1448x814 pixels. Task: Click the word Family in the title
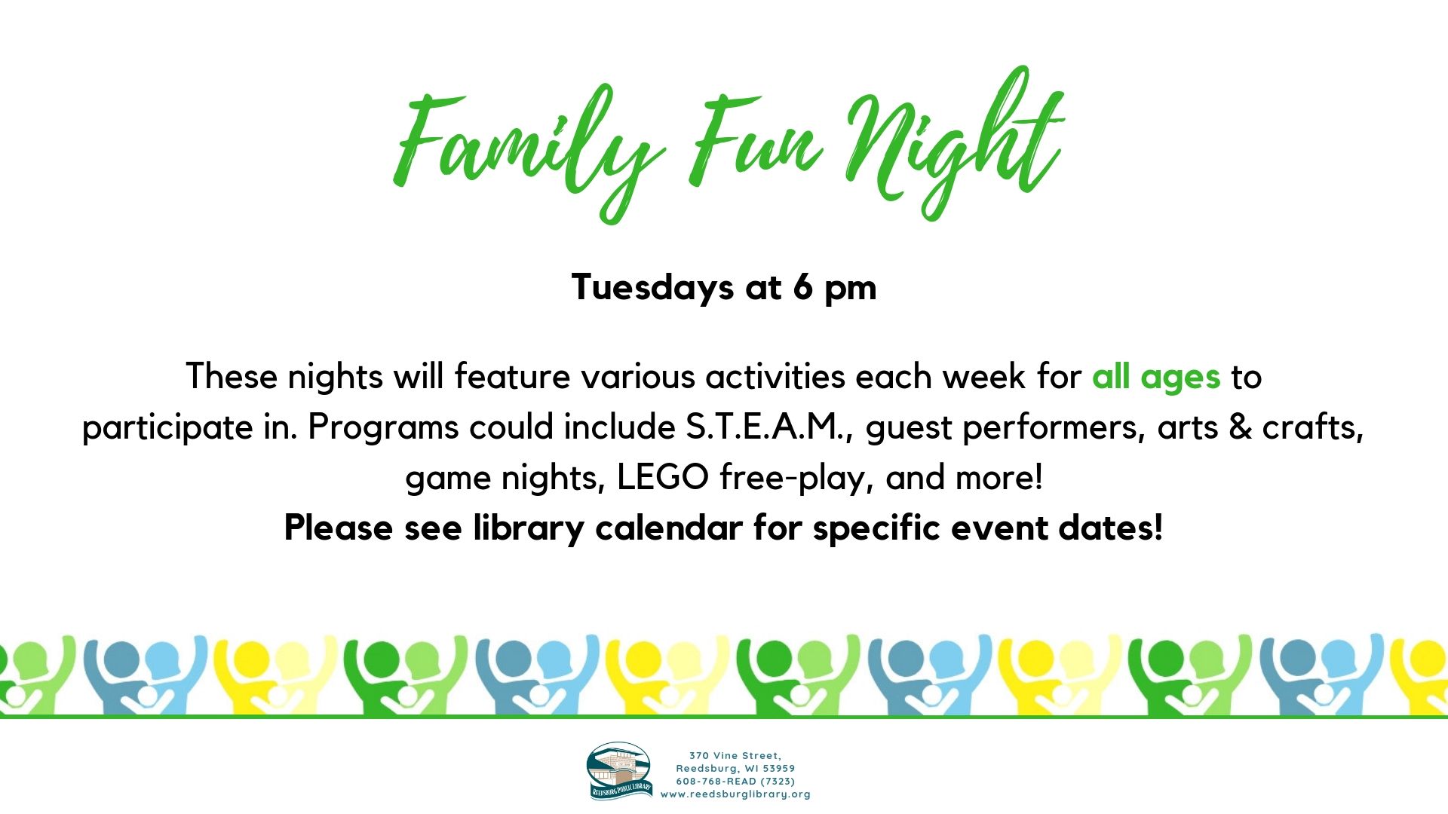coord(528,147)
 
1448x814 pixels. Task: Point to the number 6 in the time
coord(802,287)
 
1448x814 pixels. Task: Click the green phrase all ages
coord(1156,377)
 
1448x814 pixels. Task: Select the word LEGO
coord(663,477)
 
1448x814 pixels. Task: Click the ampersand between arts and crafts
coord(1241,427)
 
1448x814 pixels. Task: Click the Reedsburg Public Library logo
coord(620,770)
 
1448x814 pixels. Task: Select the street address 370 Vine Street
coord(735,755)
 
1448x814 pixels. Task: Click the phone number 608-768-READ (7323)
coord(735,781)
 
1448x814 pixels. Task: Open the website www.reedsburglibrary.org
coord(735,794)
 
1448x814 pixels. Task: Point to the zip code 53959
coord(779,768)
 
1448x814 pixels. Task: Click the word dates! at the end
coord(1111,528)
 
